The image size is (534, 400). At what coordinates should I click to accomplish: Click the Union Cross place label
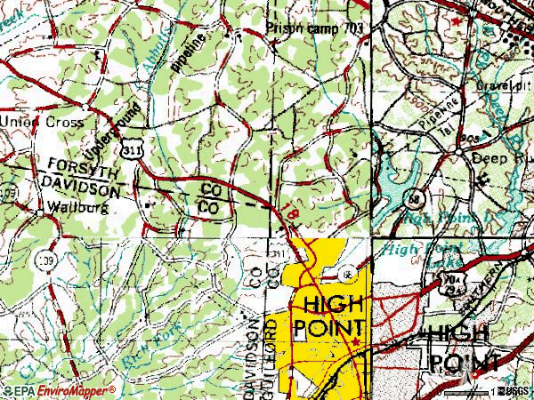[x=42, y=122]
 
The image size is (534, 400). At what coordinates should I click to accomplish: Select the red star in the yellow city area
[x=354, y=340]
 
